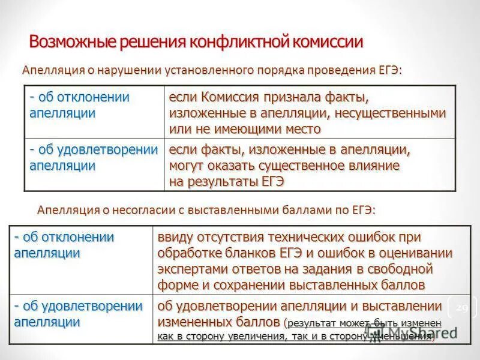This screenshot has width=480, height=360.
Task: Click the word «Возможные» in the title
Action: click(x=66, y=41)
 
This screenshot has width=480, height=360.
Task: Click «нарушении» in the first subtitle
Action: click(x=120, y=70)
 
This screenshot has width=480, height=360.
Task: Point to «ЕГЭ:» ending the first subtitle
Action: click(x=389, y=70)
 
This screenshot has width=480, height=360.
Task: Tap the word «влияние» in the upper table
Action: click(x=379, y=165)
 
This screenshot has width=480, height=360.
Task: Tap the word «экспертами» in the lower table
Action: click(x=191, y=268)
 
